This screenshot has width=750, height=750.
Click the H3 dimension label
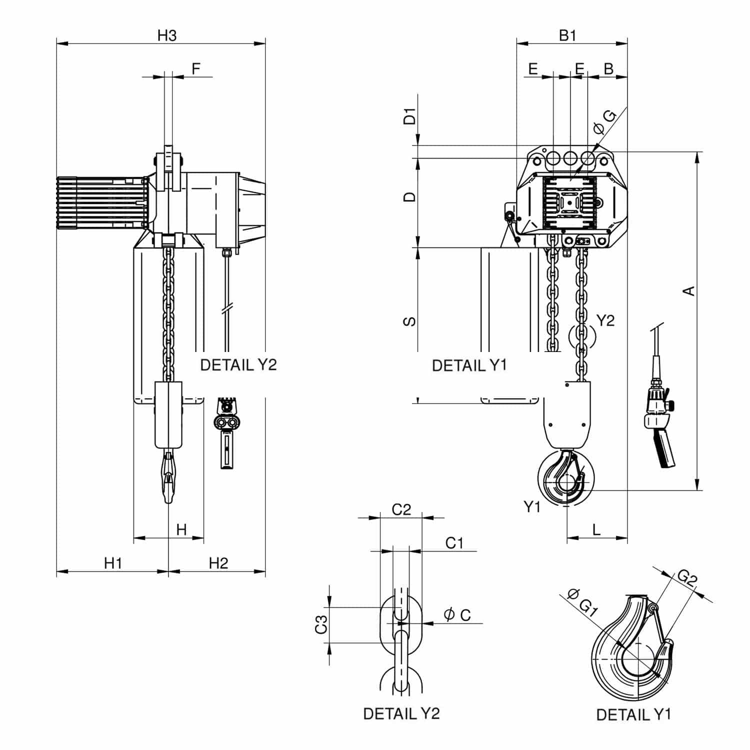pyautogui.click(x=167, y=35)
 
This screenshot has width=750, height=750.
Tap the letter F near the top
pyautogui.click(x=196, y=68)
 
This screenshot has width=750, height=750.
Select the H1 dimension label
pyautogui.click(x=113, y=563)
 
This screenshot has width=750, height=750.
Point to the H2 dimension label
pyautogui.click(x=218, y=563)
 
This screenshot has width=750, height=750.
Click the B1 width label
pyautogui.click(x=567, y=35)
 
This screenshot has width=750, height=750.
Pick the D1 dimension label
pyautogui.click(x=410, y=116)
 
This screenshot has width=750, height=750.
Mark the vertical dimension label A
pyautogui.click(x=689, y=290)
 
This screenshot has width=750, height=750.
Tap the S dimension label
pyautogui.click(x=409, y=321)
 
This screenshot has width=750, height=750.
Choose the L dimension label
pyautogui.click(x=596, y=529)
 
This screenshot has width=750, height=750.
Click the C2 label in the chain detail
pyautogui.click(x=401, y=509)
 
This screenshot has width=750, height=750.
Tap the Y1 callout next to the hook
pyautogui.click(x=532, y=507)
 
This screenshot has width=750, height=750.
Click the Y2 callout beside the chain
pyautogui.click(x=605, y=320)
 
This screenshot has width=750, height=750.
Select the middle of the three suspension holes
pyautogui.click(x=570, y=158)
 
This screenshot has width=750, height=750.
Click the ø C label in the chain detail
pyautogui.click(x=457, y=614)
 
